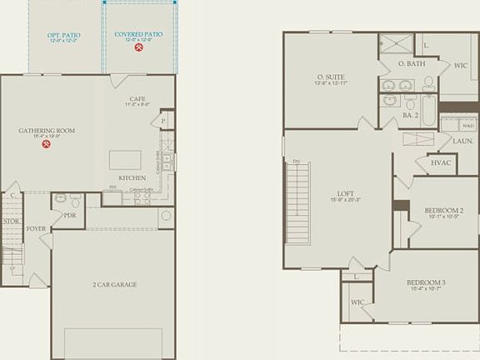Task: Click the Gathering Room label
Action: click(x=47, y=131)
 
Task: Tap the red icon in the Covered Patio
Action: click(x=138, y=47)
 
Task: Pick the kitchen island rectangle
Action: click(x=125, y=159)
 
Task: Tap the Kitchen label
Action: click(x=132, y=177)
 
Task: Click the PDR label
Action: click(x=70, y=214)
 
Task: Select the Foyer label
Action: click(x=36, y=227)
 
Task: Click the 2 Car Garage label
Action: click(x=114, y=285)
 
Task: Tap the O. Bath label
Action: click(x=412, y=64)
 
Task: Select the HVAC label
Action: click(x=442, y=162)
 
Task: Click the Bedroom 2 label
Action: click(x=444, y=212)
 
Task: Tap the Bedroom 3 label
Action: click(x=426, y=282)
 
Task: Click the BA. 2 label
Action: click(x=409, y=115)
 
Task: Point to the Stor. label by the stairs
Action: click(x=10, y=222)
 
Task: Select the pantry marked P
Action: click(x=164, y=121)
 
